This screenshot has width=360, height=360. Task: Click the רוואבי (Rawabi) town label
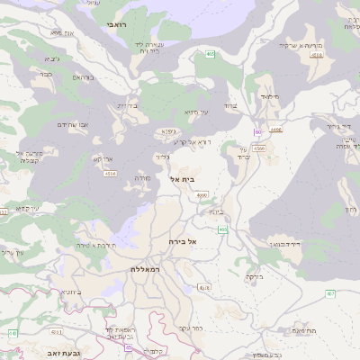(116, 25)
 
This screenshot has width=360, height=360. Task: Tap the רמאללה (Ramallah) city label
(144, 269)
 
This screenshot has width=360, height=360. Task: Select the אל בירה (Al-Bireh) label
(182, 242)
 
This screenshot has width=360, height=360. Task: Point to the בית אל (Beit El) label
(182, 180)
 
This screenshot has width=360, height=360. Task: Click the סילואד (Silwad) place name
(270, 94)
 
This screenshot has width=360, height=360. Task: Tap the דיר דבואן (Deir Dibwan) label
(283, 244)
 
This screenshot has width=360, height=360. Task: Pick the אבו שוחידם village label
(72, 124)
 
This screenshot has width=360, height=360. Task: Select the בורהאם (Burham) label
(82, 77)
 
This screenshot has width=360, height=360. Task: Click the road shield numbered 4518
(317, 55)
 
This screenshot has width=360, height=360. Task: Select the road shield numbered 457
(330, 292)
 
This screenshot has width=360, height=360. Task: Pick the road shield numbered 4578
(204, 287)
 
